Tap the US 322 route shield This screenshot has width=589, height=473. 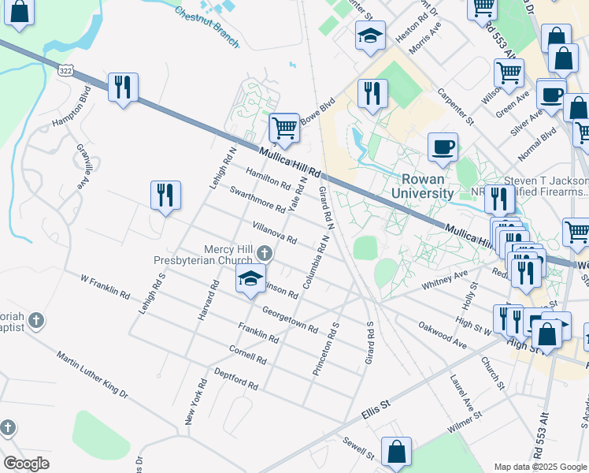67,71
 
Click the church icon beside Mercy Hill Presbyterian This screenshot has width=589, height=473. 265,253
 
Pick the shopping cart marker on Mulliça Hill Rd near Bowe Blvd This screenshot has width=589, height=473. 284,128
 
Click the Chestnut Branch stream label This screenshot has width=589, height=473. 206,27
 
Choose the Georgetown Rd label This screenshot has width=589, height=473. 290,319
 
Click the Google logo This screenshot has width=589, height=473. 27,464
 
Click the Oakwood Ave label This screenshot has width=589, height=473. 443,336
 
